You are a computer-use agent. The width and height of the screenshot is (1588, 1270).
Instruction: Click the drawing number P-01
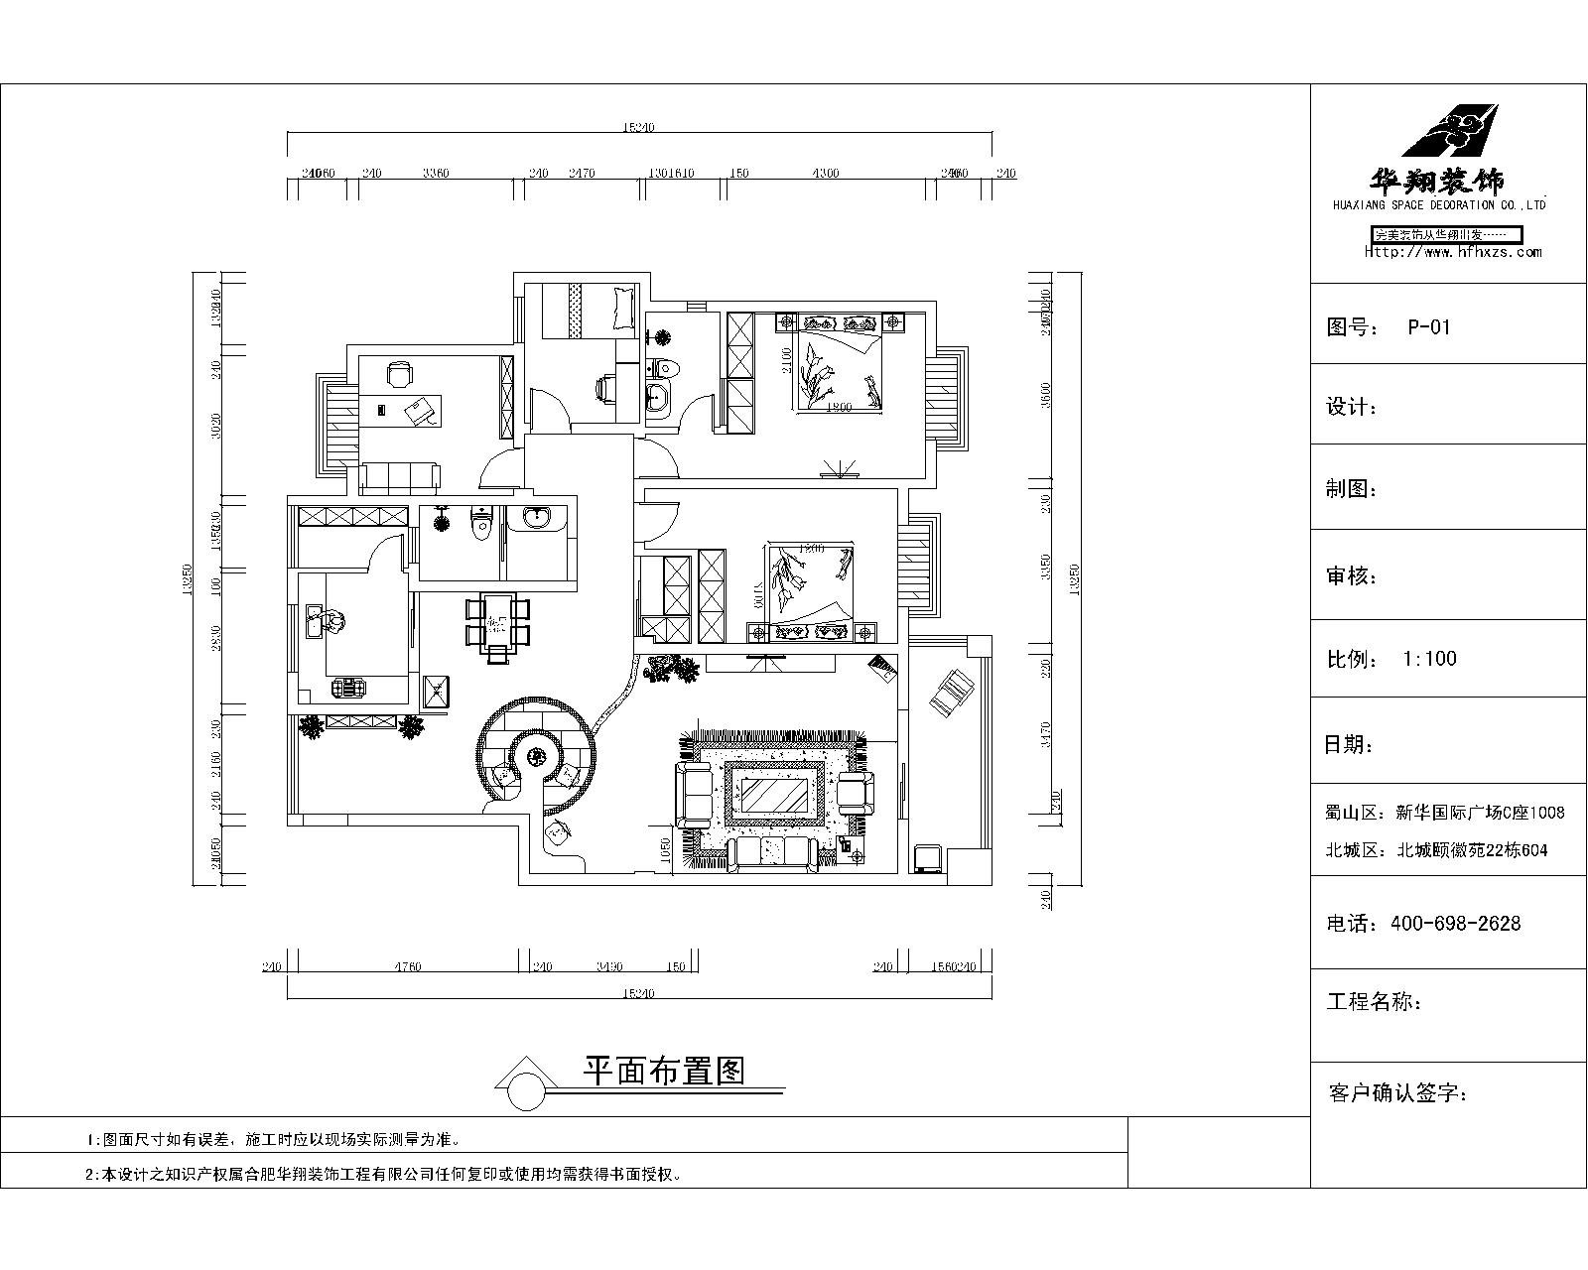tap(1428, 327)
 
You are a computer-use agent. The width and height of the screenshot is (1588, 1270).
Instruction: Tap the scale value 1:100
tap(1429, 659)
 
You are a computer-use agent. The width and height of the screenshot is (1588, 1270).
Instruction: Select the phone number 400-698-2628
tap(1455, 924)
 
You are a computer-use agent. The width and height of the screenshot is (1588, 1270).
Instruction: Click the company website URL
tap(1453, 252)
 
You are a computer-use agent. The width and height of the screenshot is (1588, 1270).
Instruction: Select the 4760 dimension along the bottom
tap(408, 966)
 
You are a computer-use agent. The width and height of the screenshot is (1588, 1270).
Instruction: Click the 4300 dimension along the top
tap(826, 174)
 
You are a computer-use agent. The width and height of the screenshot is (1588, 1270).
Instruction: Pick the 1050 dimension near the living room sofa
tap(666, 849)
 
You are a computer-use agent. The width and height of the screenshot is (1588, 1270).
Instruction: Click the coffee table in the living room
tap(775, 794)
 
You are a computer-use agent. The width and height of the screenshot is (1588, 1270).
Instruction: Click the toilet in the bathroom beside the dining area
tap(481, 523)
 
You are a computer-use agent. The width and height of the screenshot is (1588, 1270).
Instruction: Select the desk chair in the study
tap(398, 374)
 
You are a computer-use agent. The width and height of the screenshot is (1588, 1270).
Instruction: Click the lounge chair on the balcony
tap(951, 691)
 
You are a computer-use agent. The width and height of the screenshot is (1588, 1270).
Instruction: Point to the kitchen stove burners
tap(347, 685)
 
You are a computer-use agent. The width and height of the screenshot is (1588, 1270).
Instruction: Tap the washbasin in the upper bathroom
tap(657, 400)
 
